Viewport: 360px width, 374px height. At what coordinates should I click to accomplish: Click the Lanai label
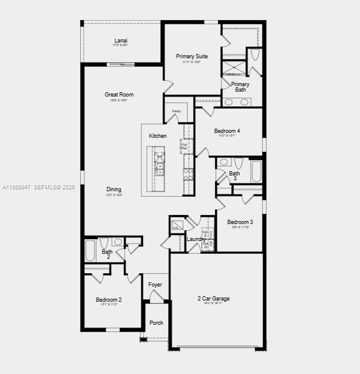pyautogui.click(x=121, y=41)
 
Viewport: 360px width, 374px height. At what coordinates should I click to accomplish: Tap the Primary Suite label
pyautogui.click(x=192, y=56)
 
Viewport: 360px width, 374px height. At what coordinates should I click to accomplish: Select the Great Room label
pyautogui.click(x=119, y=95)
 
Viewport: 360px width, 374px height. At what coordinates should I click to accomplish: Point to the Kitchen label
pyautogui.click(x=158, y=136)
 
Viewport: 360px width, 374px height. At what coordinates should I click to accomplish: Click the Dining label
pyautogui.click(x=114, y=189)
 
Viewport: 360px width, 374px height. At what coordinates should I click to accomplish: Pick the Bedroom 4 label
pyautogui.click(x=227, y=131)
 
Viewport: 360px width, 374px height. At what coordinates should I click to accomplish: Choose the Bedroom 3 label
pyautogui.click(x=240, y=222)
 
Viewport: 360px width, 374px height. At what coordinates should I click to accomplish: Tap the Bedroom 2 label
pyautogui.click(x=109, y=300)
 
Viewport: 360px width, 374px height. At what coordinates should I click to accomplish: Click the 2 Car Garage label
pyautogui.click(x=213, y=298)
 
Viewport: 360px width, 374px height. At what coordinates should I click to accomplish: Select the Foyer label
pyautogui.click(x=156, y=285)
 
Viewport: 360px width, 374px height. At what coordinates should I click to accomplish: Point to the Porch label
pyautogui.click(x=157, y=323)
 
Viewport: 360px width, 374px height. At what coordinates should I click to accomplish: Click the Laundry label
pyautogui.click(x=195, y=239)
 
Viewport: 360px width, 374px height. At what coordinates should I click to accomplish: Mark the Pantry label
pyautogui.click(x=177, y=111)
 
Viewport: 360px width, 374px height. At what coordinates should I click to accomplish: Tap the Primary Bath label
pyautogui.click(x=240, y=87)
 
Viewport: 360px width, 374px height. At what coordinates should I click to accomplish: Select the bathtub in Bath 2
pyautogui.click(x=90, y=250)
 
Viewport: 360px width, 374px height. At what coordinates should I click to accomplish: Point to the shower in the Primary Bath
pyautogui.click(x=232, y=67)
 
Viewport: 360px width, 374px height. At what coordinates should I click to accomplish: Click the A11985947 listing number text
pyautogui.click(x=16, y=188)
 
